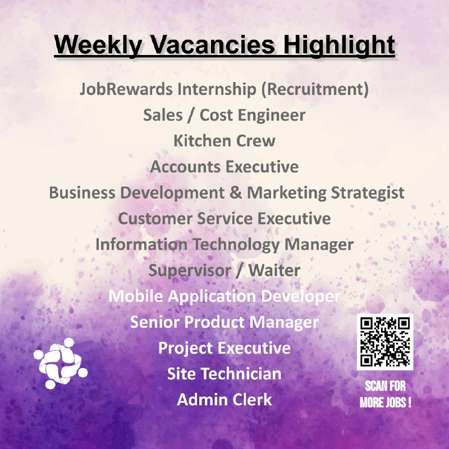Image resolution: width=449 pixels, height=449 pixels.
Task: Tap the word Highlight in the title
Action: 339,45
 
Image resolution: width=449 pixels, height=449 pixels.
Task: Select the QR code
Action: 385,342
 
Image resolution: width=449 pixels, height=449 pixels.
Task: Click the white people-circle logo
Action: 61,363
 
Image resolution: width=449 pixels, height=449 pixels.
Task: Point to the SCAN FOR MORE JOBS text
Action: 386,394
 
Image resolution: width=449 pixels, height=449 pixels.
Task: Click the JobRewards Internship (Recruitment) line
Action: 224,89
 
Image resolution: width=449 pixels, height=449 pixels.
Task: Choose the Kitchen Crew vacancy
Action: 224,141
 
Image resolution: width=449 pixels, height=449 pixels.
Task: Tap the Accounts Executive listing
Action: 224,167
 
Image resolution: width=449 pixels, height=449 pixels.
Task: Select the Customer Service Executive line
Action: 224,218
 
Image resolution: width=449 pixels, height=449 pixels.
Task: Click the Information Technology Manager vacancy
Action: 224,245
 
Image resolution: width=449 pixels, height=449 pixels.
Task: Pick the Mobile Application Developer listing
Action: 224,296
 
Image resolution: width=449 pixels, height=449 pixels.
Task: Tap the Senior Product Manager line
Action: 224,322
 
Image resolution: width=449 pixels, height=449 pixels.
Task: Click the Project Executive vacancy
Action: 224,348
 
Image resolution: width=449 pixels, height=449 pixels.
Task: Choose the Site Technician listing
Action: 224,374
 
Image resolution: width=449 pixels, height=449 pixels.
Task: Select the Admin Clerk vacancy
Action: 224,400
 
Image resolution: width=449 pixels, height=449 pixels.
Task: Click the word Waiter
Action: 274,271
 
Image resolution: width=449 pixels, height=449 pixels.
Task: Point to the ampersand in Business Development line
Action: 235,193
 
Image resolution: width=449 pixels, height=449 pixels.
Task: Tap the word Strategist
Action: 368,193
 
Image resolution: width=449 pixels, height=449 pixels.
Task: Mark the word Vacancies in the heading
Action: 213,45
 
